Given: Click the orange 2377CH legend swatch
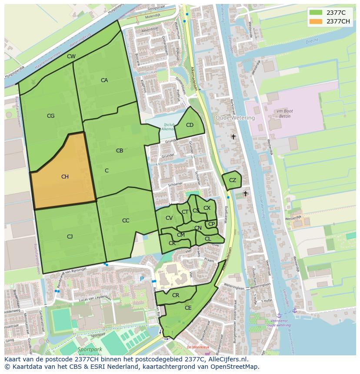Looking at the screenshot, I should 316,21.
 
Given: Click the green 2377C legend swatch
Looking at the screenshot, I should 316,13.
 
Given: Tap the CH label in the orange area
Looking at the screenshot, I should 65,177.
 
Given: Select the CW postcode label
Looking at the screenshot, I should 71,56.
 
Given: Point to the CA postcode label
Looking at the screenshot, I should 104,80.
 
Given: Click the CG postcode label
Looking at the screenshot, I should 51,116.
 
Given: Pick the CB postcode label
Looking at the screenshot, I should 120,151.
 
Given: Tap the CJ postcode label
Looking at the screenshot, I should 70,237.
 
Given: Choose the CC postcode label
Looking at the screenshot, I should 126,221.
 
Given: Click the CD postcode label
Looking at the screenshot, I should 190,125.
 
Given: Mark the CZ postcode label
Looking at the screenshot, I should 233,180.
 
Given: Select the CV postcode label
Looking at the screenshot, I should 169,218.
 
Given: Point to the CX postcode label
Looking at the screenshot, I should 207,208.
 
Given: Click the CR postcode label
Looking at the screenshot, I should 176,295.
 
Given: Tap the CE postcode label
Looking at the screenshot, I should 188,308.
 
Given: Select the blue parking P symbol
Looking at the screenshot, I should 142,278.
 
